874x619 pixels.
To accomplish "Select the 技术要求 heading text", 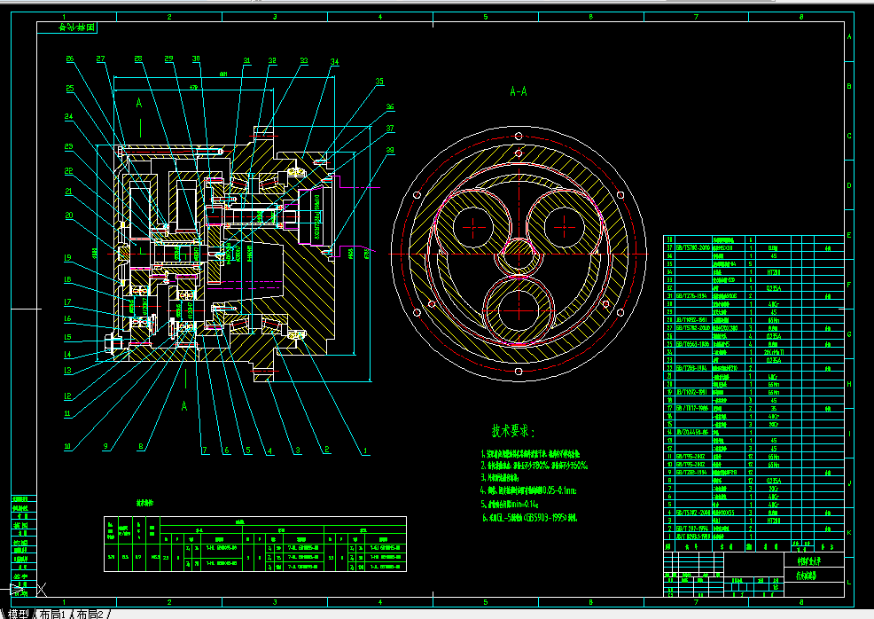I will pos(513,431).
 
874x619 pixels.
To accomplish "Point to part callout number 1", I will pos(364,451).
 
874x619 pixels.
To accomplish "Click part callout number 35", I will pos(380,82).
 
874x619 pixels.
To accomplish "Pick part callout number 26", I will pos(70,59).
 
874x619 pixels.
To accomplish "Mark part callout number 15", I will pos(67,337).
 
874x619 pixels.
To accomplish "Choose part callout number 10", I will pos(67,446).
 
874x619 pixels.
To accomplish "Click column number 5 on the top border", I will pos(485,17).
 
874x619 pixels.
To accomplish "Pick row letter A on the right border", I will pos(850,36).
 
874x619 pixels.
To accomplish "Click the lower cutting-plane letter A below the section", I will pos(185,406).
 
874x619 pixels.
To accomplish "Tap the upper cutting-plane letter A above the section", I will pos(139,104).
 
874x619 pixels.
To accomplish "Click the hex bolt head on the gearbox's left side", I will pos(110,343).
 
